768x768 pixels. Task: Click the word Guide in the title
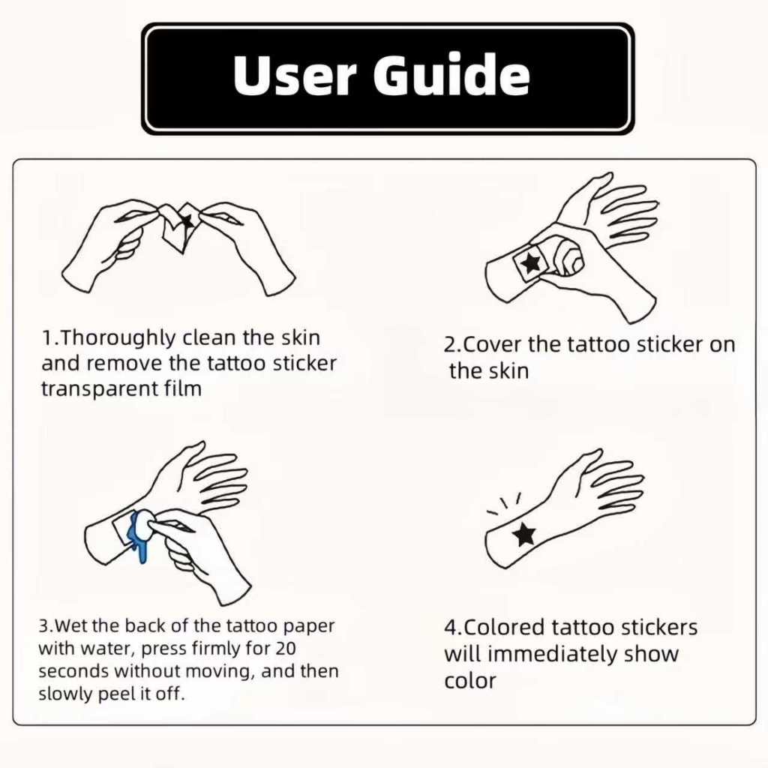[451, 74]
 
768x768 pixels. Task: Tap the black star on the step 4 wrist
[524, 534]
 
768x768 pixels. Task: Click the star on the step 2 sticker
[530, 263]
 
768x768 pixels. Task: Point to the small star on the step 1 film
[186, 221]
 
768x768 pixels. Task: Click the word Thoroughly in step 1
[118, 339]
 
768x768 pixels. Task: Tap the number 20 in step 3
[286, 649]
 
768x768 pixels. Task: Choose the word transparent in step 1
[100, 390]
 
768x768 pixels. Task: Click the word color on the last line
[470, 681]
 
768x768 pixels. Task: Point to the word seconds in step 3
[73, 671]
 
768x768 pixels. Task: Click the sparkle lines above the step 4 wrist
[504, 504]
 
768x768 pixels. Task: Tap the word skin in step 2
[509, 371]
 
